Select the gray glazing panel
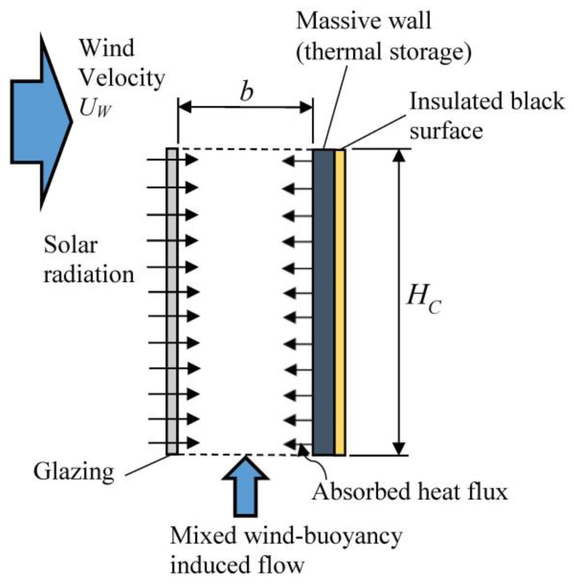click(172, 301)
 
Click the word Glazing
click(74, 472)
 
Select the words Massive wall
click(364, 21)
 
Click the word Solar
click(70, 245)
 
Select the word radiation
click(89, 275)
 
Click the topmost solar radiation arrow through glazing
click(172, 159)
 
